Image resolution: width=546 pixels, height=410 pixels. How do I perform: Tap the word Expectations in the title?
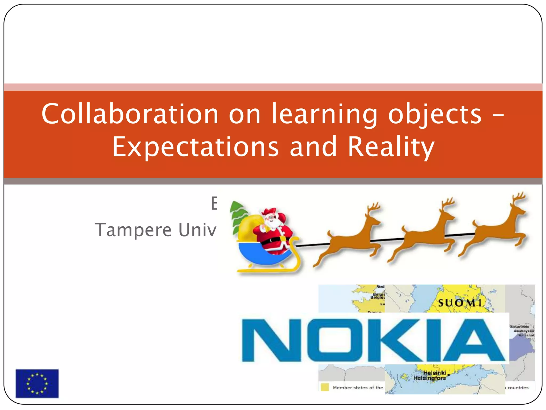coord(195,147)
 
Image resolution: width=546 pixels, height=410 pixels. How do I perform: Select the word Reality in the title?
coord(391,147)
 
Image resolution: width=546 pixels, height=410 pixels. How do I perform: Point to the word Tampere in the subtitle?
coord(133,230)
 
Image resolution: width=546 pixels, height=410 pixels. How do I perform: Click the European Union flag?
coord(37,383)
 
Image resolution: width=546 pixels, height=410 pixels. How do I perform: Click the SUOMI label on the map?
coord(460,303)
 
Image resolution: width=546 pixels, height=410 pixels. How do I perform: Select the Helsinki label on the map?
coord(435,373)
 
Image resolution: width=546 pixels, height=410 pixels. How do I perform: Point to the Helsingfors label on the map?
coord(429,378)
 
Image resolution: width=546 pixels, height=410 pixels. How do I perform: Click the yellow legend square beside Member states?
coord(324,387)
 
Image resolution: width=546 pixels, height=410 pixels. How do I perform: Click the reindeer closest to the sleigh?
coord(349,235)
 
